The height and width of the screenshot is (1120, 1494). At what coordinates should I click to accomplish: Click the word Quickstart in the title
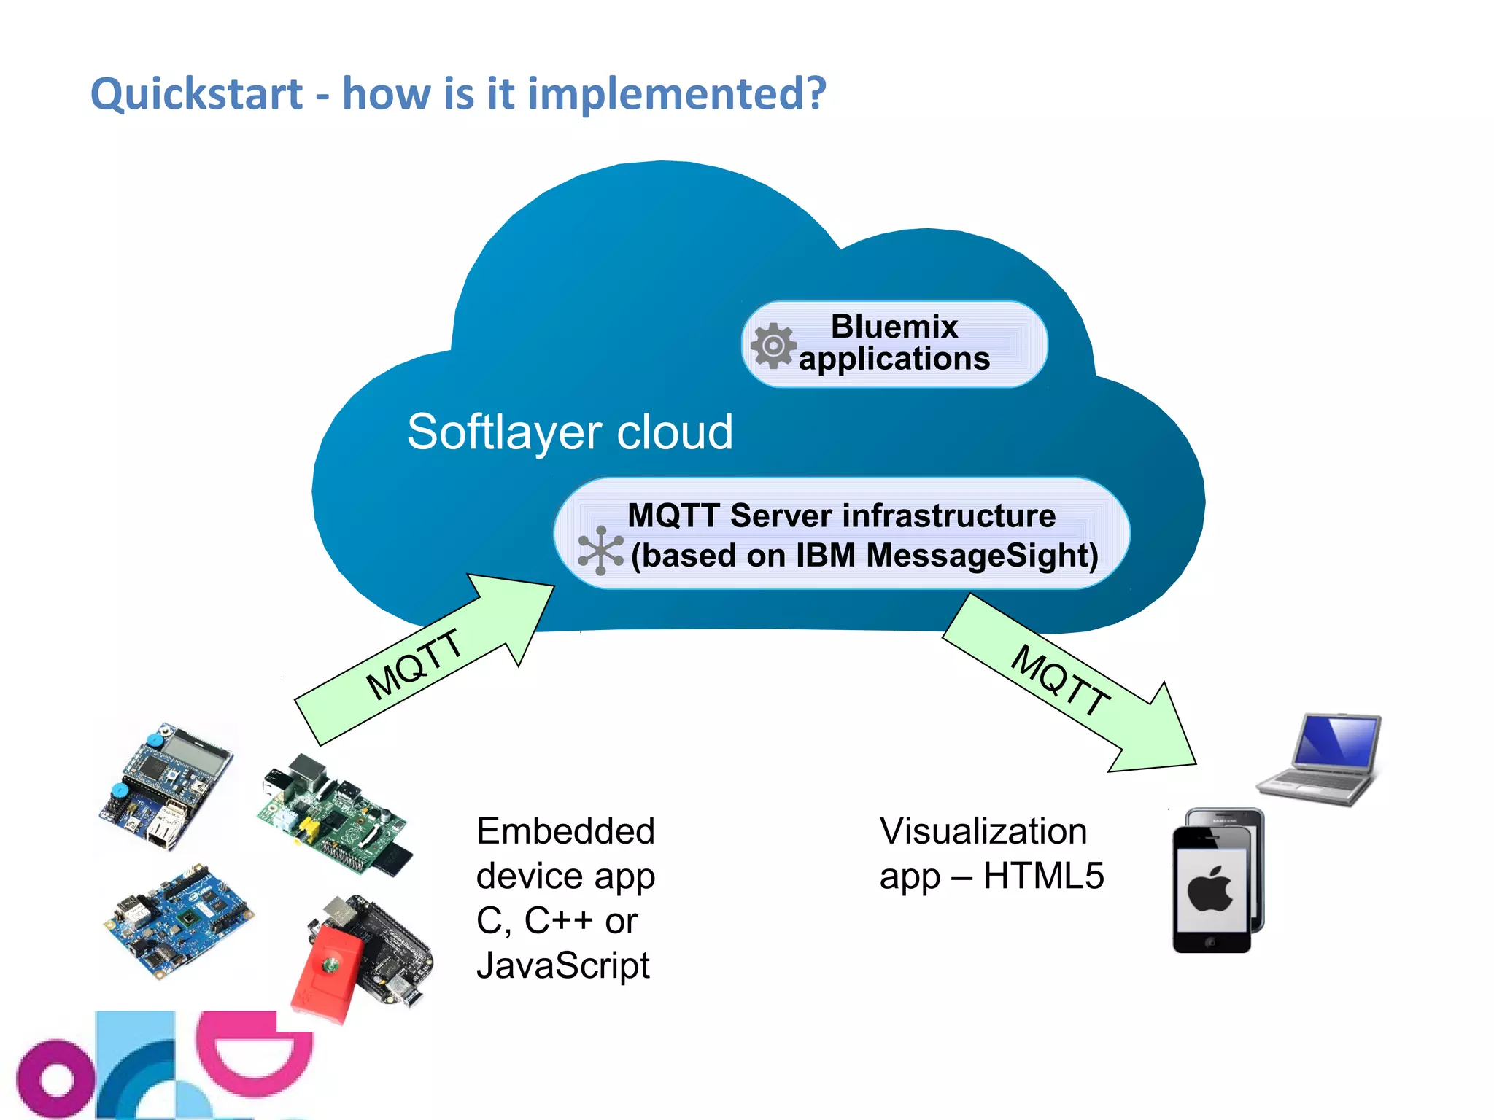[196, 95]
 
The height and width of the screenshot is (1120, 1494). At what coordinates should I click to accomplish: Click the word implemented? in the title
[676, 95]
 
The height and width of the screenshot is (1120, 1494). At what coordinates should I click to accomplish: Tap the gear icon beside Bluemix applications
[773, 346]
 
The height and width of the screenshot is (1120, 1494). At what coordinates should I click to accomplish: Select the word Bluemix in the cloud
[894, 327]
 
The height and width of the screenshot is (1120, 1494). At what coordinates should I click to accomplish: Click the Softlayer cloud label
[570, 432]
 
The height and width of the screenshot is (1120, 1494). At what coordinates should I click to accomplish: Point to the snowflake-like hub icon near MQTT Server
[600, 551]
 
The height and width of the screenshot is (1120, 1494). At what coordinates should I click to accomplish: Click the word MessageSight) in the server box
[982, 556]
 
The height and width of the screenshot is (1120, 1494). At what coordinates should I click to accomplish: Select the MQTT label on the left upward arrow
[414, 664]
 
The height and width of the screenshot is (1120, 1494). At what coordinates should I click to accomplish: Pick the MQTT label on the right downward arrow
[1060, 680]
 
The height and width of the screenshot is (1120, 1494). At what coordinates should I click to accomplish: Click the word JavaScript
[562, 965]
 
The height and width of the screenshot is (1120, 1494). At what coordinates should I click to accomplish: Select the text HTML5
[1043, 876]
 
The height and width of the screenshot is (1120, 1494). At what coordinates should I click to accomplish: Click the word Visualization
[983, 831]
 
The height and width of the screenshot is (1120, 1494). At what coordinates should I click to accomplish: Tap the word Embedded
[565, 831]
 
